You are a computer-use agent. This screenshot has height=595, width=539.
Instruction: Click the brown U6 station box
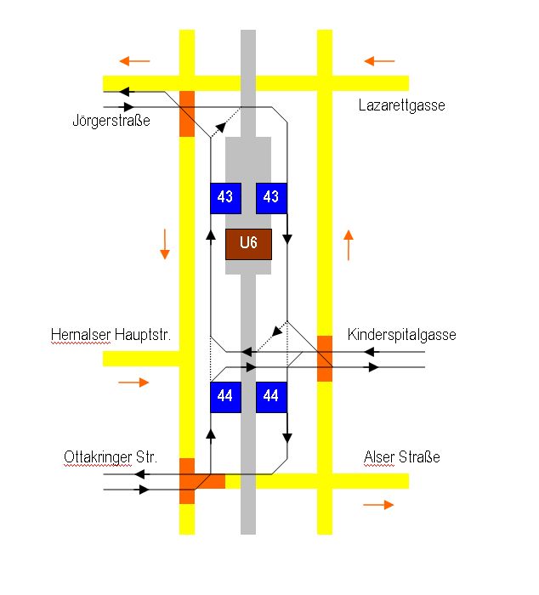coord(248,244)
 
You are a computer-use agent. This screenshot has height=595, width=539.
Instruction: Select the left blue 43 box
coord(225,197)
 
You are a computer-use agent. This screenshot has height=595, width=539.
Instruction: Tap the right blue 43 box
coord(271,197)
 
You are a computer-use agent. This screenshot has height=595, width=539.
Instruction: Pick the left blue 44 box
coord(225,396)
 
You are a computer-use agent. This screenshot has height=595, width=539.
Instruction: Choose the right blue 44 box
coord(271,396)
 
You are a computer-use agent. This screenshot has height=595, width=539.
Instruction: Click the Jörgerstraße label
coord(111,121)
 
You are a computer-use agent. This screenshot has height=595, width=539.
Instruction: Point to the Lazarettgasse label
coord(401,105)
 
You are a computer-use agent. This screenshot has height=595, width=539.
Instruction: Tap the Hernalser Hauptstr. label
coord(111,335)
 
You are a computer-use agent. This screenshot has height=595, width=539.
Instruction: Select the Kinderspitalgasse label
coord(402,335)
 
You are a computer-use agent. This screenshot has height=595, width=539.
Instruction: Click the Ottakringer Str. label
coord(111,457)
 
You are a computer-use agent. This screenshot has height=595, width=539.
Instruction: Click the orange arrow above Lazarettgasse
coord(380,61)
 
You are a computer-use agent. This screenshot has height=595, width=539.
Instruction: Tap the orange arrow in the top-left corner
coord(134,61)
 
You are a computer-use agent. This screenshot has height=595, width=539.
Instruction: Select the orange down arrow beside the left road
coord(165,244)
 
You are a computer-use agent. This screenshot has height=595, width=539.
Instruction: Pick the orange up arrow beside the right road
coord(349,244)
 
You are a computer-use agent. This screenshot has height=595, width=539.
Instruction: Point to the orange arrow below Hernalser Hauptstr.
coord(133,382)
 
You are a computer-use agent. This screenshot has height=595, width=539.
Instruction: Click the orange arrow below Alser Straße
coord(378,505)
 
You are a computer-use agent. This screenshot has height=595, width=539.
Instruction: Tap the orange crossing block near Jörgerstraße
coord(187,112)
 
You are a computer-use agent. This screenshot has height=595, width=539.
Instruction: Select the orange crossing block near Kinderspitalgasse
coord(325,358)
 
